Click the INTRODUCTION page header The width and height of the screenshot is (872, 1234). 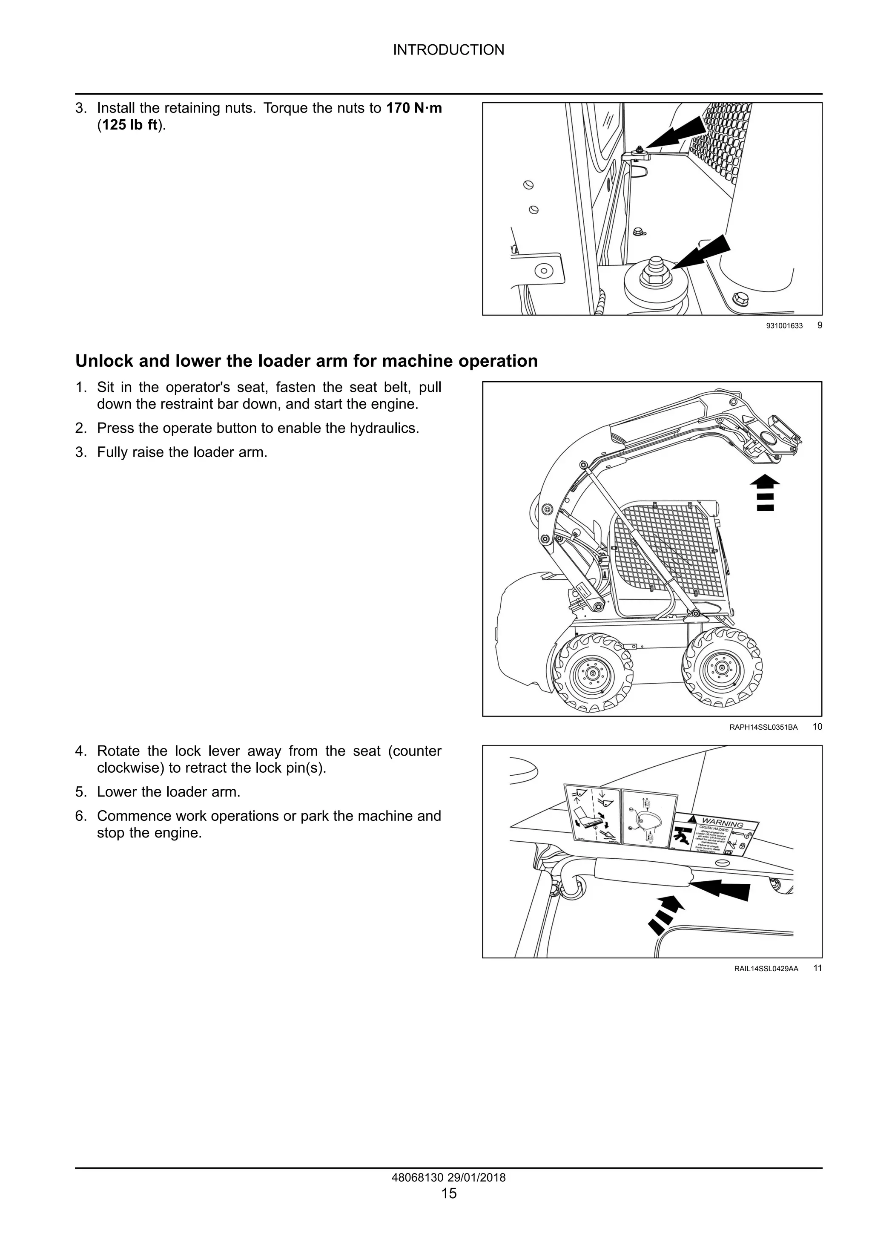pos(449,50)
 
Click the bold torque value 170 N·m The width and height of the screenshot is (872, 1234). pos(414,108)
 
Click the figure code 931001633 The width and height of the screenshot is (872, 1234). pos(784,326)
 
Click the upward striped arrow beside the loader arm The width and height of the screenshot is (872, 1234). pos(765,492)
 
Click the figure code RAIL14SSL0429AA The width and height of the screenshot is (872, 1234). pos(766,969)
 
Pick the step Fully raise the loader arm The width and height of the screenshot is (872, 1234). pos(182,452)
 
